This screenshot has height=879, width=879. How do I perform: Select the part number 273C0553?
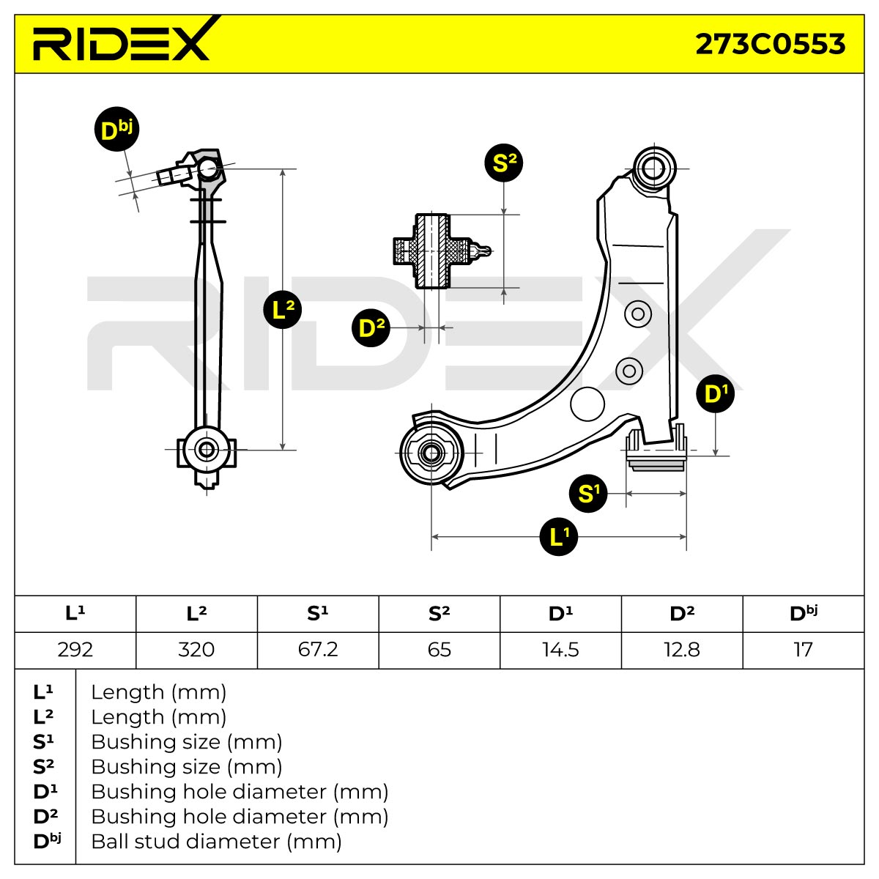coord(770,44)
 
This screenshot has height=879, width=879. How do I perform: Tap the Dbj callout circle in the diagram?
coord(116,129)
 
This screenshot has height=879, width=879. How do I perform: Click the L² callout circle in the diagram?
coord(282,310)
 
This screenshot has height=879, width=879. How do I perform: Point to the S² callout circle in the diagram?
coord(503,163)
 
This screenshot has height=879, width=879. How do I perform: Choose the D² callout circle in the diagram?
coord(371,327)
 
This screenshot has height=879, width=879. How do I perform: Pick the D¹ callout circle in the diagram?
coord(715,393)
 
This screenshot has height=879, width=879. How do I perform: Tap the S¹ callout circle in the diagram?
coord(588,493)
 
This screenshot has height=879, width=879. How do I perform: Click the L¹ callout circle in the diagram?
coord(558,536)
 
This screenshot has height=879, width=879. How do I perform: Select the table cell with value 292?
coord(75,650)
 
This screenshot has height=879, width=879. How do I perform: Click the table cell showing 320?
coord(196,650)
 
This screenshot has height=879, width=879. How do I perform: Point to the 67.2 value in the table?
coord(318,650)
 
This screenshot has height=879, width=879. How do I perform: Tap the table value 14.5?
coord(560,650)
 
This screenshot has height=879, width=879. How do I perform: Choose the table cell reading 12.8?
coord(682,650)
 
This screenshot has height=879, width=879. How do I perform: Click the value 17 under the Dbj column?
coord(804,650)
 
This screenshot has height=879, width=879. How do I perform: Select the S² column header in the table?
coord(439,613)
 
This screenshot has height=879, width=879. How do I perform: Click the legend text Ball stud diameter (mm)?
coord(216,842)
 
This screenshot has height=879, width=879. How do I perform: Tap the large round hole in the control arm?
coord(587,404)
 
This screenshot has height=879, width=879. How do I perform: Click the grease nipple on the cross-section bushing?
coord(481,251)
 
